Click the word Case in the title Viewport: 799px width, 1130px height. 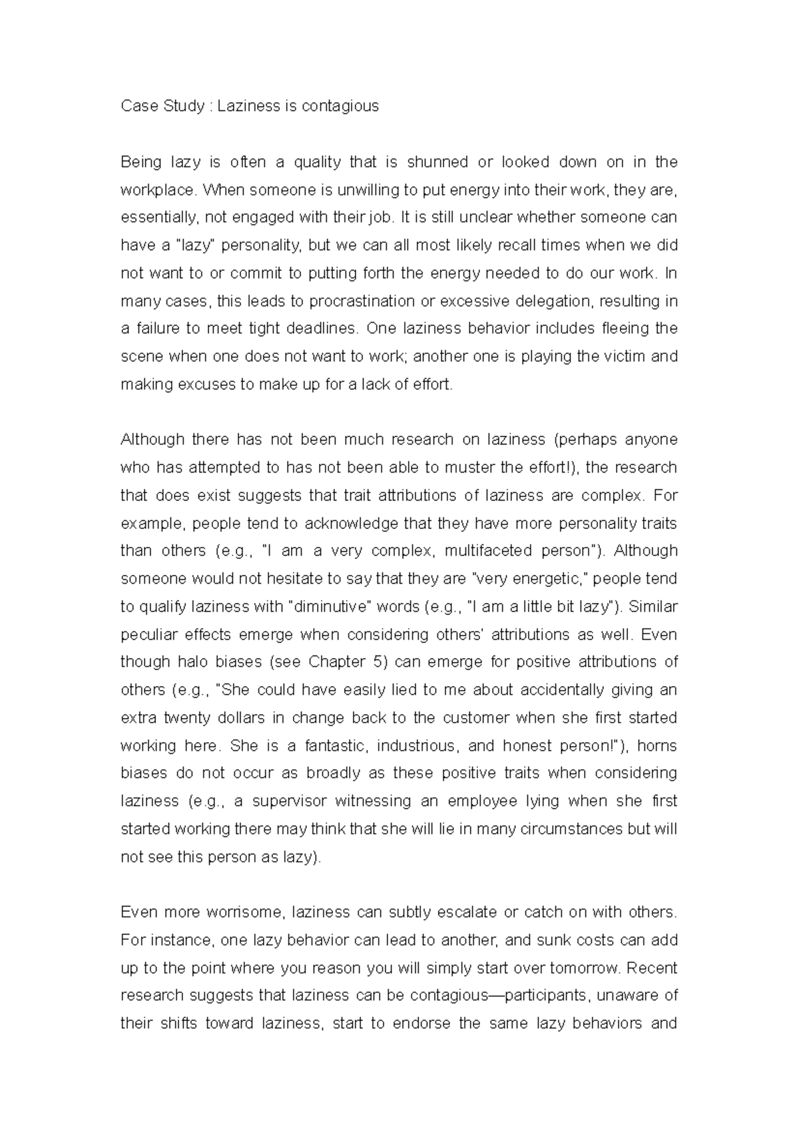pyautogui.click(x=135, y=106)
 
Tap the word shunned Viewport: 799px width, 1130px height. pyautogui.click(x=436, y=162)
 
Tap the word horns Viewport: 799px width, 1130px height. pyautogui.click(x=657, y=746)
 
